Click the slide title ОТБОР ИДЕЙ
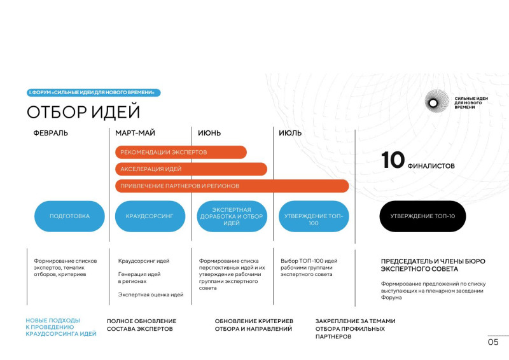point(83,112)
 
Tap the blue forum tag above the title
point(94,92)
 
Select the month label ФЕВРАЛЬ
point(51,133)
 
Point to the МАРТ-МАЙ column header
point(135,133)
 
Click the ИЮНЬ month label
point(209,133)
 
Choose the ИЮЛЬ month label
point(290,133)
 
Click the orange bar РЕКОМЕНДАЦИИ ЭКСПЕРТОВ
point(181,152)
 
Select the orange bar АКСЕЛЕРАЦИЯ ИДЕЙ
point(192,169)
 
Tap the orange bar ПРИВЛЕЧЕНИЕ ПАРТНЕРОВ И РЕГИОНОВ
point(232,186)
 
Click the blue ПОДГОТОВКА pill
point(69,216)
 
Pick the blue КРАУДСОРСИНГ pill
point(150,216)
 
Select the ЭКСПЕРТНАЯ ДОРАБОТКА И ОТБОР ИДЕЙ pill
point(232,216)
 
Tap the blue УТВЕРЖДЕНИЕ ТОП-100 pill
point(314,216)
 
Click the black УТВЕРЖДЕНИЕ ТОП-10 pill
point(422,216)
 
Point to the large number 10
point(393,160)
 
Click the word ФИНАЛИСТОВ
point(431,166)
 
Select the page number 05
point(493,342)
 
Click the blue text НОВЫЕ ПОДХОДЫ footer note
point(61,327)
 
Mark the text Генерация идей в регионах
point(139,277)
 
